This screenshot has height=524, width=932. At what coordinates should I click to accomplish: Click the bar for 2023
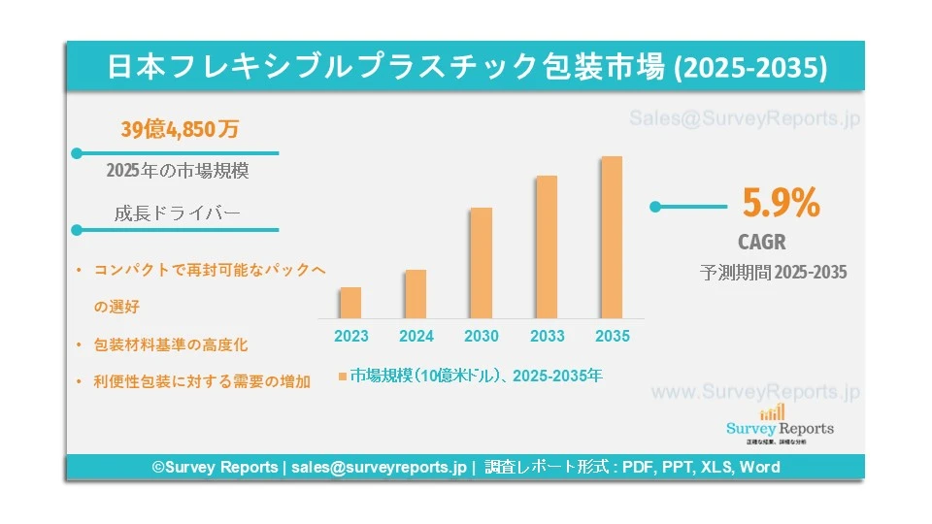tap(350, 303)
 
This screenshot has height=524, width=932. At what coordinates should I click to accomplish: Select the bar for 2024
tap(416, 294)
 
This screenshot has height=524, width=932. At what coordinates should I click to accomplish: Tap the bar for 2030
tap(481, 263)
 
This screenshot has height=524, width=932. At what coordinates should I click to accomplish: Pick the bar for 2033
tap(547, 246)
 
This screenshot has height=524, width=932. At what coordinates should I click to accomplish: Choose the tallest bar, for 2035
tap(611, 237)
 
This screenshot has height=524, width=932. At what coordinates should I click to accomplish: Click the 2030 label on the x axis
tap(482, 337)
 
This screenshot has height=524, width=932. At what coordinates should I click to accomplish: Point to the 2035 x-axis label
tap(612, 337)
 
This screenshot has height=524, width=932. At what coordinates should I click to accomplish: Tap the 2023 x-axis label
tap(351, 337)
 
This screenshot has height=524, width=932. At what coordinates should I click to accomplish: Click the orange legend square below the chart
tap(343, 376)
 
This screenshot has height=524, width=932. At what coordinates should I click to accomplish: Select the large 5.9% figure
tap(782, 203)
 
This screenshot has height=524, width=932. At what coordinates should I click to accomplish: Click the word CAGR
tap(762, 242)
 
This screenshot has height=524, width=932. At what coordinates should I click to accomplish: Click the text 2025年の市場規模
tap(178, 171)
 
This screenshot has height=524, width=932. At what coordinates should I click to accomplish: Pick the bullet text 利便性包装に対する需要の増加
tap(202, 381)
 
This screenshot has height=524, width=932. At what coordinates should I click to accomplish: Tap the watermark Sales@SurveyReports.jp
tap(745, 119)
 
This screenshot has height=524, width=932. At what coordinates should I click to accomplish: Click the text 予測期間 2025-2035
tap(774, 273)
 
